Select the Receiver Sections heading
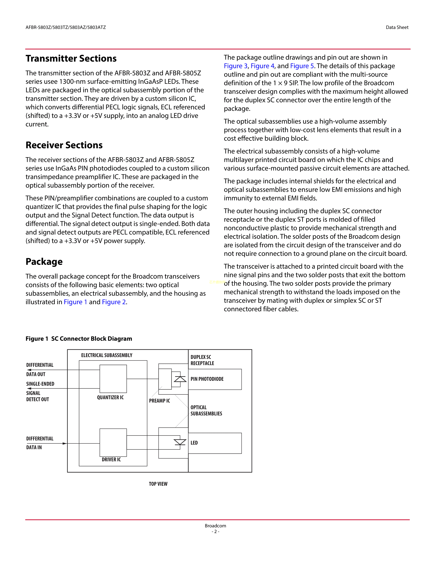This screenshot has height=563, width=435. tap(64, 145)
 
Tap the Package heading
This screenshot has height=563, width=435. tap(44, 262)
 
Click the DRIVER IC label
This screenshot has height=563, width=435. tap(111, 459)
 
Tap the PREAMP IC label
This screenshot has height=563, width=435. tap(159, 401)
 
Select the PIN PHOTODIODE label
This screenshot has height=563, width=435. tap(207, 379)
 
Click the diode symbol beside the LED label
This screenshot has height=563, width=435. tap(180, 442)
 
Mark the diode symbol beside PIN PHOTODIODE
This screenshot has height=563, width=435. tap(180, 379)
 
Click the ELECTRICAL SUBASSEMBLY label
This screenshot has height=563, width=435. tap(107, 355)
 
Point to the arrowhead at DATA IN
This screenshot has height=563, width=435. tap(65, 443)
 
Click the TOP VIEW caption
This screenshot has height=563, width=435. tap(158, 484)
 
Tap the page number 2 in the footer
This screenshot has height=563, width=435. tap(215, 532)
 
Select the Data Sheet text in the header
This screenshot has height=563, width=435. tap(397, 27)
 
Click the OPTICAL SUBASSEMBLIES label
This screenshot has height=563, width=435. tap(206, 410)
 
